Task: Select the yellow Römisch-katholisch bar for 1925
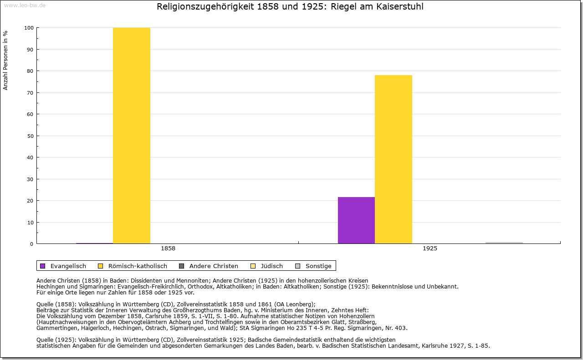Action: click(393, 159)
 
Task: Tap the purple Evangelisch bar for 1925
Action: click(356, 220)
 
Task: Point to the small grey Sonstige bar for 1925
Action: click(504, 243)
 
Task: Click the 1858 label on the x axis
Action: click(168, 248)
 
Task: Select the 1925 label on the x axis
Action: click(430, 248)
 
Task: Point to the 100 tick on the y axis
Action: click(29, 28)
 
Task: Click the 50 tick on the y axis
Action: click(30, 136)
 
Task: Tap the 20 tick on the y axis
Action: click(30, 201)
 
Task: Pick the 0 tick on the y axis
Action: click(31, 244)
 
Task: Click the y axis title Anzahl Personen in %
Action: click(5, 60)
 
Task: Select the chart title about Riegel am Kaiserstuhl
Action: click(290, 7)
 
